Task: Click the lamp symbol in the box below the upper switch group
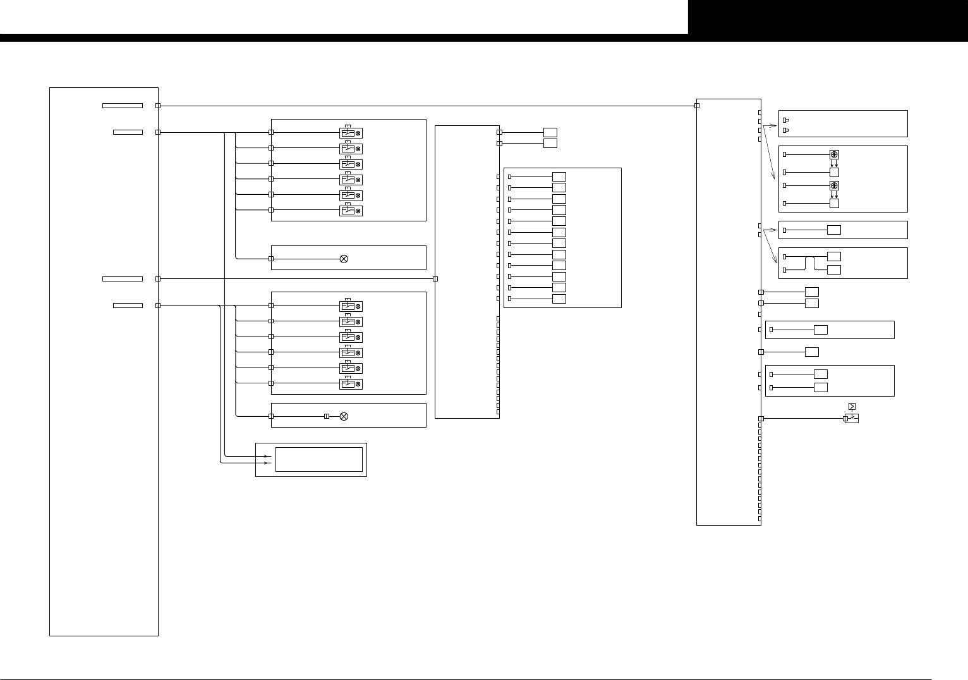pyautogui.click(x=344, y=259)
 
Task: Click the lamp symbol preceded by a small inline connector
pyautogui.click(x=344, y=416)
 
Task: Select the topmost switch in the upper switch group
pyautogui.click(x=351, y=133)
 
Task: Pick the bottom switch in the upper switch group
pyautogui.click(x=351, y=211)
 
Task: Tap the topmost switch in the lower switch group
pyautogui.click(x=351, y=306)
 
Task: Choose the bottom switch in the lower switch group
pyautogui.click(x=351, y=384)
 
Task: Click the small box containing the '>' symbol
pyautogui.click(x=852, y=406)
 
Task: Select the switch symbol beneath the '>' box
pyautogui.click(x=852, y=418)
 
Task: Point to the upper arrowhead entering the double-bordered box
pyautogui.click(x=265, y=456)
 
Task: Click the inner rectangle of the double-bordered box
pyautogui.click(x=319, y=459)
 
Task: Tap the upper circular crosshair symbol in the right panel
pyautogui.click(x=834, y=154)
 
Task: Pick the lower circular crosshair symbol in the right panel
pyautogui.click(x=834, y=185)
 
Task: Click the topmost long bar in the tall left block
pyautogui.click(x=123, y=106)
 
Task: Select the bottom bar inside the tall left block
pyautogui.click(x=128, y=306)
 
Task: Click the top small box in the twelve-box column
pyautogui.click(x=559, y=176)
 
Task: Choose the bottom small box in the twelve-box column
pyautogui.click(x=559, y=299)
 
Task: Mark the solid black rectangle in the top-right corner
pyautogui.click(x=828, y=17)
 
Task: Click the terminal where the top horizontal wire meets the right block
pyautogui.click(x=697, y=106)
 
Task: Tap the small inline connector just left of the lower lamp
pyautogui.click(x=327, y=416)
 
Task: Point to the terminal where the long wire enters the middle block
pyautogui.click(x=435, y=279)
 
